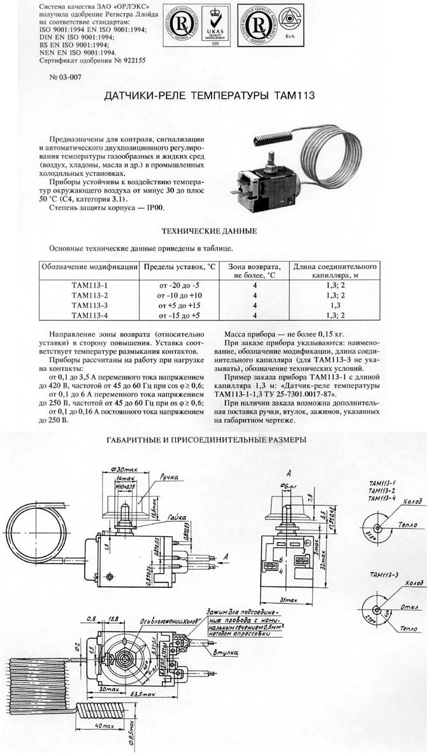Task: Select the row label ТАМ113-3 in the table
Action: point(89,305)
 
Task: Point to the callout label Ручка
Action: point(169,477)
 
